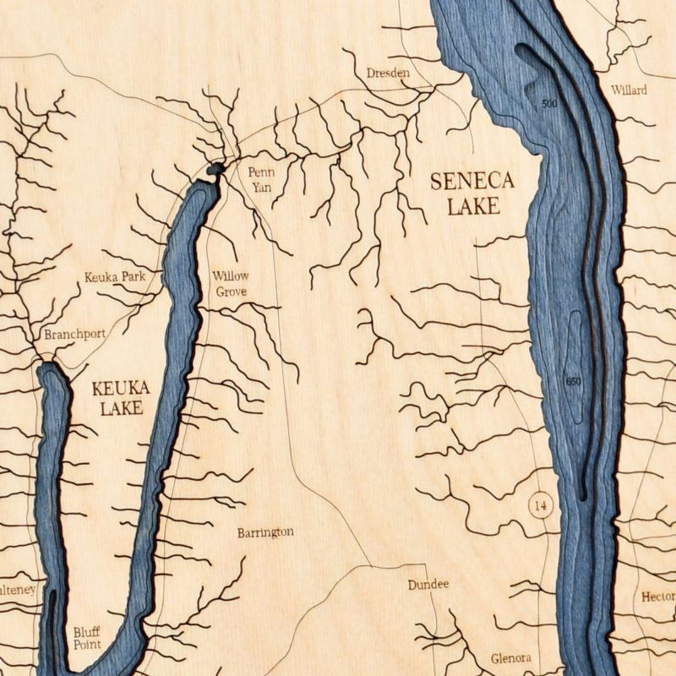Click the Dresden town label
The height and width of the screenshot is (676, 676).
pyautogui.click(x=388, y=74)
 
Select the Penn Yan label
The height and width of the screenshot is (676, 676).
pyautogui.click(x=260, y=179)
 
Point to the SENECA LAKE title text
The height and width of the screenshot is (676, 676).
pyautogui.click(x=472, y=193)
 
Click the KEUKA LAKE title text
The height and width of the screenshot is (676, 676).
pyautogui.click(x=120, y=398)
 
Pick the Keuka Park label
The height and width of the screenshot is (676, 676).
pyautogui.click(x=115, y=276)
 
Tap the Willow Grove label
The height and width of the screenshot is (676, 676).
pyautogui.click(x=231, y=283)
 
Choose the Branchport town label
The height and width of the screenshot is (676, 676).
pyautogui.click(x=75, y=334)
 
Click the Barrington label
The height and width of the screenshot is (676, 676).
pyautogui.click(x=265, y=532)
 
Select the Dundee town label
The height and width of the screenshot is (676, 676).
pyautogui.click(x=428, y=585)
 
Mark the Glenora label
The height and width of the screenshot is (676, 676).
pyautogui.click(x=511, y=658)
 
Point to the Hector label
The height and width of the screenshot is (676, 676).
pyautogui.click(x=657, y=597)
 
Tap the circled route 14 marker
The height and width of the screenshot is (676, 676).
pyautogui.click(x=541, y=506)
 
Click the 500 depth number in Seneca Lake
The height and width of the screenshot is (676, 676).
pyautogui.click(x=549, y=104)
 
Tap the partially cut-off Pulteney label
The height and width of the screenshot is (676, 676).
pyautogui.click(x=18, y=590)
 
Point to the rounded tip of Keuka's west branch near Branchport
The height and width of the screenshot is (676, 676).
pyautogui.click(x=48, y=368)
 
